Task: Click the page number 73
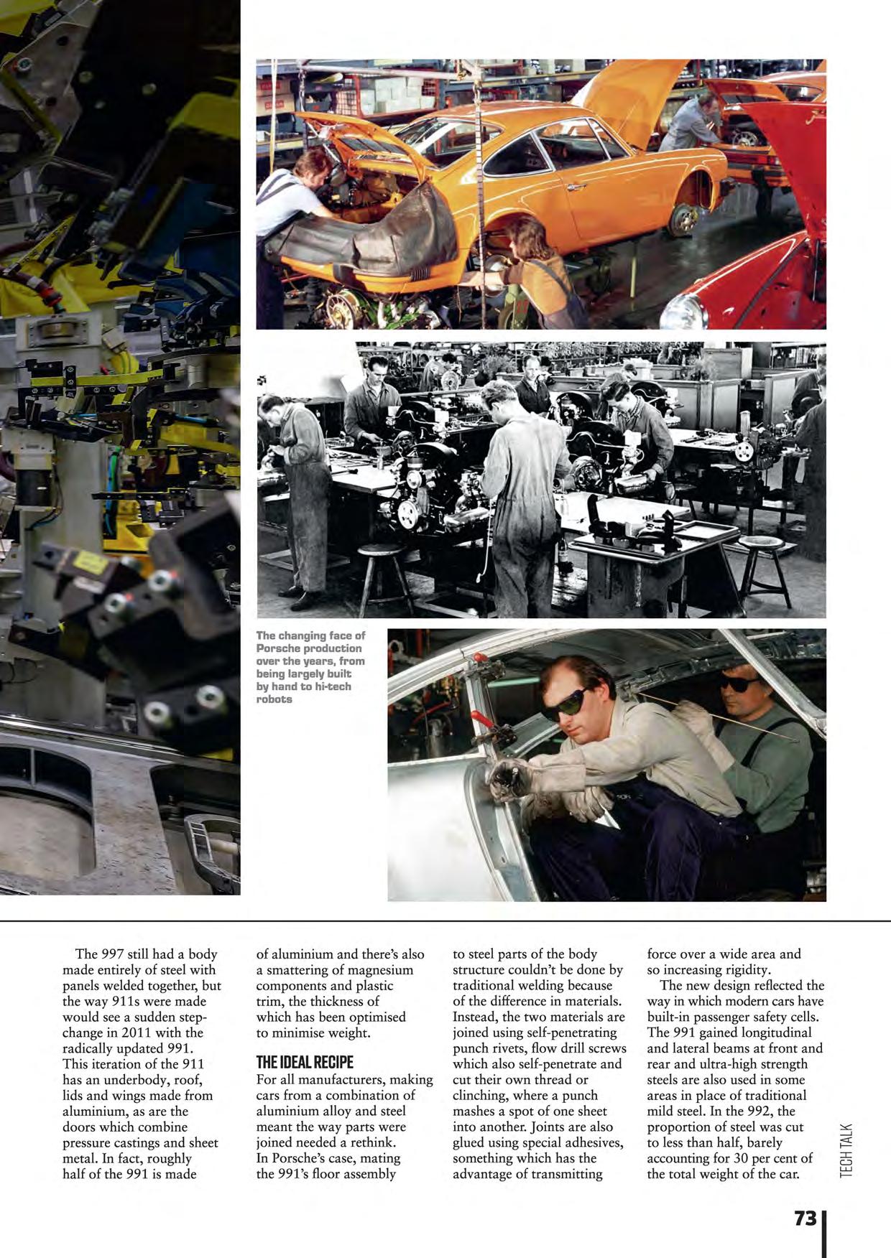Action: (x=805, y=1218)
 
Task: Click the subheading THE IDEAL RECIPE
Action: (x=305, y=1063)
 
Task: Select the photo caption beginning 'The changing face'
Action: (x=310, y=667)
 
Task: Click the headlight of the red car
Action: (x=684, y=312)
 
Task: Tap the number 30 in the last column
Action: (x=741, y=1158)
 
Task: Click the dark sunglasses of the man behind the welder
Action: (x=740, y=684)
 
